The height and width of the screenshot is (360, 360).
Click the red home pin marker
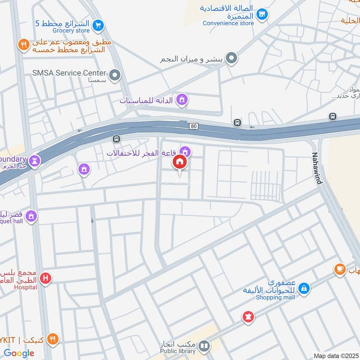(180, 162)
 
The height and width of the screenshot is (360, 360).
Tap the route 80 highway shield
(193, 126)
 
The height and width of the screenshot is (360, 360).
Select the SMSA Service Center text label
(69, 72)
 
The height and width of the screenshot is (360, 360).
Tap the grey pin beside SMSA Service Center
(115, 75)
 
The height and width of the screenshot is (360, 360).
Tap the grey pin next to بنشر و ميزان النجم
(231, 58)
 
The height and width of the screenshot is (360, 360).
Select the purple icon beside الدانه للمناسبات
(182, 99)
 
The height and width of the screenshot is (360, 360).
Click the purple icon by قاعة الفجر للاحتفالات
(184, 152)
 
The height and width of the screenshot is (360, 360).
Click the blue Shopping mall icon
(304, 288)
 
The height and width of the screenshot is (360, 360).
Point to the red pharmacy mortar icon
(247, 316)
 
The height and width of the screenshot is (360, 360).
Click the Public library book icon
(204, 346)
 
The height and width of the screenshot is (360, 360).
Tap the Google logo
(19, 353)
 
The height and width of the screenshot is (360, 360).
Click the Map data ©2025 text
(335, 355)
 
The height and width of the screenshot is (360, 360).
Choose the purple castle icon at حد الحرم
(35, 160)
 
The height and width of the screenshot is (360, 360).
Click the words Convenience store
(228, 23)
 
